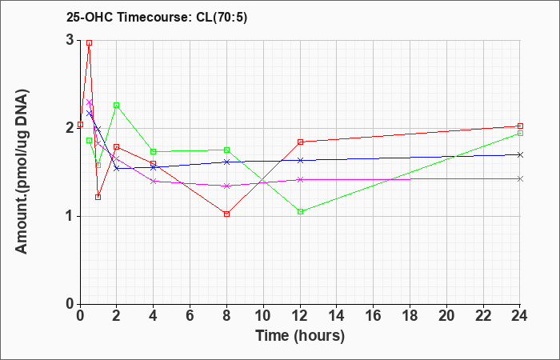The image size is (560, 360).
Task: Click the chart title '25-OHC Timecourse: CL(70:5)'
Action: [x=157, y=18]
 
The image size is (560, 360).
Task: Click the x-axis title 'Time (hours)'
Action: [x=300, y=336]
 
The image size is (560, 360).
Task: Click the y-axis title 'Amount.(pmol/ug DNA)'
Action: [x=22, y=172]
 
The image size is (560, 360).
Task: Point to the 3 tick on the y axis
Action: [x=71, y=40]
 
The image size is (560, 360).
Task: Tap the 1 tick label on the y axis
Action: [x=71, y=217]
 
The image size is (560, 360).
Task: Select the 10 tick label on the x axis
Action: [x=263, y=316]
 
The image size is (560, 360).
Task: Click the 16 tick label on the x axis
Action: [x=374, y=316]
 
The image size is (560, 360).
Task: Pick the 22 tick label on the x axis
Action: [x=483, y=316]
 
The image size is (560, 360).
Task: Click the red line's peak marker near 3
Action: [x=90, y=43]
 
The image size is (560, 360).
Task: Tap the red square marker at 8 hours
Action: [x=226, y=214]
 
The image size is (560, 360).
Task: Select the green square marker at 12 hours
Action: [x=300, y=211]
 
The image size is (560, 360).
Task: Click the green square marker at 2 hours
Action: [x=117, y=106]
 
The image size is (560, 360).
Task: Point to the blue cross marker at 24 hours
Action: [x=520, y=154]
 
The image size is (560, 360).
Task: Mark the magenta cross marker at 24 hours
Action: [x=520, y=178]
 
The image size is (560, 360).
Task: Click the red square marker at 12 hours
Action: [x=300, y=142]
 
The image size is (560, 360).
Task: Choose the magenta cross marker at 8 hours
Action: [x=226, y=186]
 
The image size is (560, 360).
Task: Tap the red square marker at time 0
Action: [x=80, y=124]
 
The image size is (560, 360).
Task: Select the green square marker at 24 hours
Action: [x=520, y=134]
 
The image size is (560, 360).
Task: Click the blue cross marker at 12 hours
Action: [x=300, y=160]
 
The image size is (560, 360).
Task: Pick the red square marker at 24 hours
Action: [x=520, y=126]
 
